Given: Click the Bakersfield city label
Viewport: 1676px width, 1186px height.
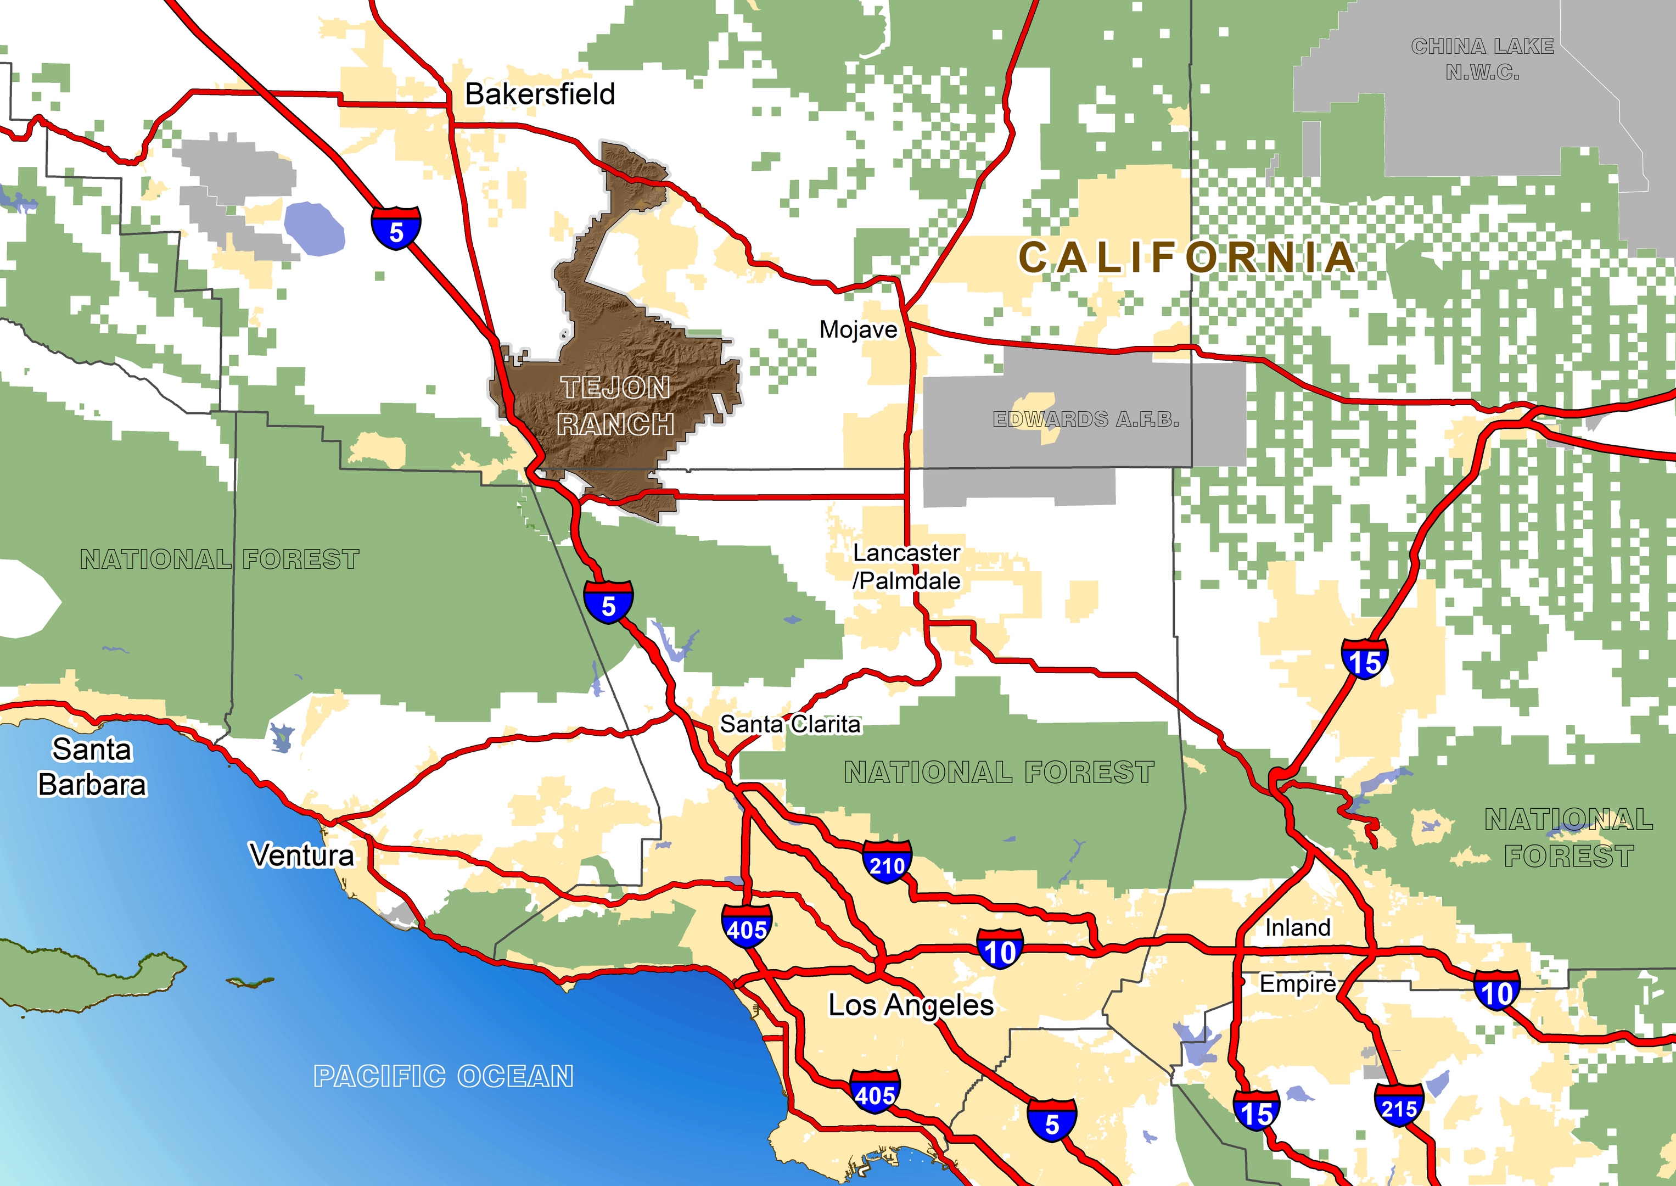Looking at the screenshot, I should pos(540,94).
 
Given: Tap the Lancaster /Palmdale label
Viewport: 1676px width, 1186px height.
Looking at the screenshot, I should pos(906,567).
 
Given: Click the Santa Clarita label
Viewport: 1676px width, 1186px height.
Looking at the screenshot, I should pos(790,724).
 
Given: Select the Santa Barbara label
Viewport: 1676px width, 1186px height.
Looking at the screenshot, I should pos(92,767).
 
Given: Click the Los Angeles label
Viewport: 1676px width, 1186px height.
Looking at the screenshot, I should pos(910,1005).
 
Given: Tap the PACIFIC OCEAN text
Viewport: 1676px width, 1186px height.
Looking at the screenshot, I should pos(443,1076).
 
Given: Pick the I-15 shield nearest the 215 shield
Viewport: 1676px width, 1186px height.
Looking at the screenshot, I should pos(1256,1110).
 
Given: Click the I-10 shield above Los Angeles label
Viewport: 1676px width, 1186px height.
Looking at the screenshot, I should pos(999,949).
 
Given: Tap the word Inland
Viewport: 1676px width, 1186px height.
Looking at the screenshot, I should pos(1297,927).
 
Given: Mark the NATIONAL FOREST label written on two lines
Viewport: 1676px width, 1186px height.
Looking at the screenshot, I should pos(1569,838).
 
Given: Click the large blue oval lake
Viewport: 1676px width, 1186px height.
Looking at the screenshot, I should pos(314,228).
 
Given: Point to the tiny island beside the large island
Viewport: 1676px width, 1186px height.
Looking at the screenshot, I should pos(250,982).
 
